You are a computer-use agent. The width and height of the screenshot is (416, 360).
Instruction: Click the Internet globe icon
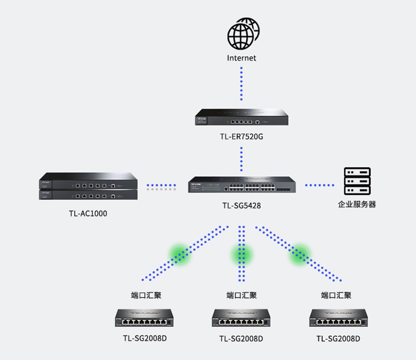tap(243, 34)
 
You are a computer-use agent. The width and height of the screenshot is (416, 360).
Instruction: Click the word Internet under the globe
tap(241, 58)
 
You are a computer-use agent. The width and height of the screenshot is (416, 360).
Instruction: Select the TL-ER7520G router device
tap(241, 117)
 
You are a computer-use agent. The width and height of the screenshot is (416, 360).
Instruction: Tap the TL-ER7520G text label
tap(241, 136)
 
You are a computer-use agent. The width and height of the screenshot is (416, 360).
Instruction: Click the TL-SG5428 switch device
tap(242, 185)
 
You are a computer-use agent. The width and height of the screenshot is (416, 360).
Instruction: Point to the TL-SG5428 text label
tap(241, 205)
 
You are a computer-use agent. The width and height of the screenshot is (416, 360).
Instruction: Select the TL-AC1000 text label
tap(88, 213)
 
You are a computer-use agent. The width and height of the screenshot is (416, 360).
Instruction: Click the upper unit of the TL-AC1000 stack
tap(88, 181)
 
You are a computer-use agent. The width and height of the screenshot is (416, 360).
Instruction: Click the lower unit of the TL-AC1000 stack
tap(88, 195)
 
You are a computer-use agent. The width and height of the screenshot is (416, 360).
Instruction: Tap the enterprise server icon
tap(357, 181)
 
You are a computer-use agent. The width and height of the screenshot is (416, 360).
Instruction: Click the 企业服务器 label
tap(357, 204)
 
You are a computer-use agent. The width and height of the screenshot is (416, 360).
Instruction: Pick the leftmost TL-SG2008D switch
tap(144, 318)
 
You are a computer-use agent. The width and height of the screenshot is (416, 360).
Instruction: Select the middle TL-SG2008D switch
tap(241, 318)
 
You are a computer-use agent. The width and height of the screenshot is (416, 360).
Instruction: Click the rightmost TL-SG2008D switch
tap(338, 318)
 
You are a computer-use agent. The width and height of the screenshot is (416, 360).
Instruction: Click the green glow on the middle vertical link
tap(241, 255)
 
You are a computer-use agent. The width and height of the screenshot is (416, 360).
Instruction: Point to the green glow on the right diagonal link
tap(300, 255)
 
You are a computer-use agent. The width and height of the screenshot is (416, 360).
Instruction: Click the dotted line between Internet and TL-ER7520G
tap(241, 84)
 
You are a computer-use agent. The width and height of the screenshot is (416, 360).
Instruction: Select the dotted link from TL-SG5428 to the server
tap(320, 185)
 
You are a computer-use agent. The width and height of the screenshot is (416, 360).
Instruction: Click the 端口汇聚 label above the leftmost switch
tap(146, 295)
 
